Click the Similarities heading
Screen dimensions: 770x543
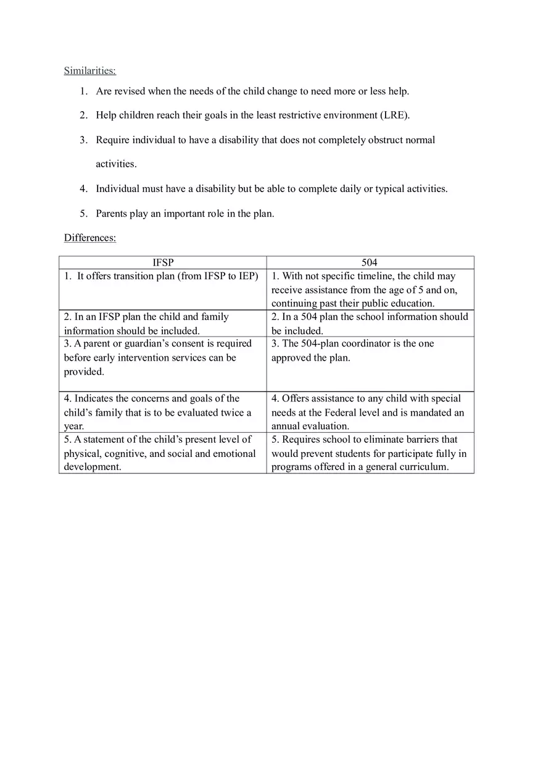(90, 70)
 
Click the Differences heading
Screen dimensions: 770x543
(90, 238)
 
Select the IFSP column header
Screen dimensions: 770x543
(163, 262)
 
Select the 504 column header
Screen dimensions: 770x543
(369, 262)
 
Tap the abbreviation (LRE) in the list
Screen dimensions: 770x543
(396, 115)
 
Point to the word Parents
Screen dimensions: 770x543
(112, 214)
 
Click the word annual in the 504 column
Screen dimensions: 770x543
(286, 426)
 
